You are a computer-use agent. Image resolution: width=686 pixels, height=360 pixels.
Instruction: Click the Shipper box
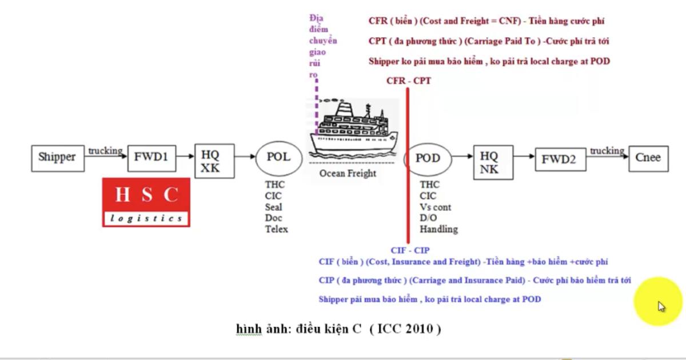tap(57, 158)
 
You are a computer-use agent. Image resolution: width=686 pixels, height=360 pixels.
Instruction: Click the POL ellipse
tap(278, 157)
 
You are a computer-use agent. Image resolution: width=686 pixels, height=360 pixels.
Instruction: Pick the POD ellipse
tap(428, 158)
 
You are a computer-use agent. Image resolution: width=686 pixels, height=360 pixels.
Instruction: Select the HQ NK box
tap(489, 162)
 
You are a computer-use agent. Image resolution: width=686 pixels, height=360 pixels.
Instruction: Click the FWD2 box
tap(559, 159)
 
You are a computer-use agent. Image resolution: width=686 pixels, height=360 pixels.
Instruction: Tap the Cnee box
tap(648, 158)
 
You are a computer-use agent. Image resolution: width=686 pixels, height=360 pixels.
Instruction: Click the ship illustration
tap(353, 126)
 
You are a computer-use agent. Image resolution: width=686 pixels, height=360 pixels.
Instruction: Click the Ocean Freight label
tap(348, 173)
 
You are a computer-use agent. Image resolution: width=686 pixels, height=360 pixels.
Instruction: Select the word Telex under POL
tap(277, 229)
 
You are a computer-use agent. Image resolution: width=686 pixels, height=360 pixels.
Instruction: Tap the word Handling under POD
tap(438, 229)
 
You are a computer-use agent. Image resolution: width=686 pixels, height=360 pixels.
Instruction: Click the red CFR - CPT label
tap(408, 81)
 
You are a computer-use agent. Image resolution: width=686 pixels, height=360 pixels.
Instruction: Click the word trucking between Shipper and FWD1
tap(105, 151)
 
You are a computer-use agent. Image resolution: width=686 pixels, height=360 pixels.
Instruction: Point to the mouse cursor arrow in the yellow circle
tap(661, 306)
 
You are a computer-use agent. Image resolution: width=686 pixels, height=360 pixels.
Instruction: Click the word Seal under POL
tap(273, 207)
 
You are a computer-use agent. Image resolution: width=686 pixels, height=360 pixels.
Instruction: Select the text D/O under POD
tap(428, 218)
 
